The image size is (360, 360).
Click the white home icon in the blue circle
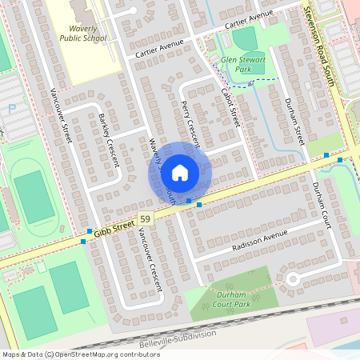tap(180, 171)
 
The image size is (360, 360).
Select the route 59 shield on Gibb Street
tap(145, 218)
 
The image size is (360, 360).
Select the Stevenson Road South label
tap(324, 40)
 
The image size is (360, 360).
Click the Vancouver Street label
tap(62, 116)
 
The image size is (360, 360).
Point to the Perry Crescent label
tap(191, 120)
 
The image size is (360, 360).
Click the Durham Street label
tap(294, 121)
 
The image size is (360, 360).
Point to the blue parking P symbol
tap(11, 109)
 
